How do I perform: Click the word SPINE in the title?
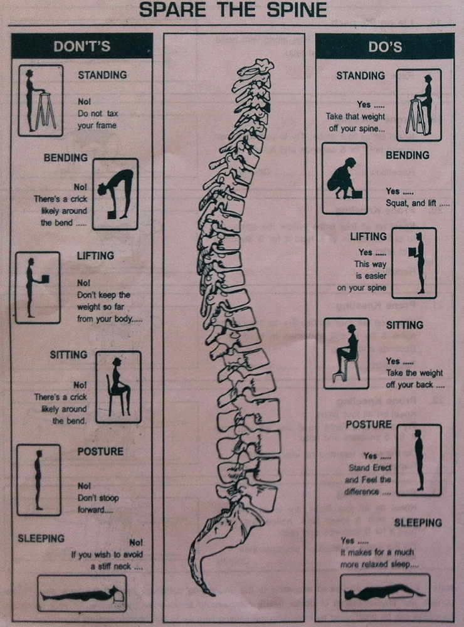click(x=292, y=11)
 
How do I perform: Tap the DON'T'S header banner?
click(x=82, y=46)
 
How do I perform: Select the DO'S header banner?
click(x=384, y=46)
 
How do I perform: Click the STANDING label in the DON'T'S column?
click(x=102, y=75)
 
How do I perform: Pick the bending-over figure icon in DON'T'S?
click(x=115, y=194)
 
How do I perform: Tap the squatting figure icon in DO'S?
click(x=344, y=178)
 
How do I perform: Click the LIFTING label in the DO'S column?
click(x=369, y=237)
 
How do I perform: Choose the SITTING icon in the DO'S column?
click(x=346, y=354)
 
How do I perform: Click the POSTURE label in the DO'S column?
click(x=369, y=424)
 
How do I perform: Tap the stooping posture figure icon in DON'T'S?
click(x=39, y=480)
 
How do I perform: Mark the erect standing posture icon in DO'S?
click(x=418, y=460)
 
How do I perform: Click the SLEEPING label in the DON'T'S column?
click(x=41, y=538)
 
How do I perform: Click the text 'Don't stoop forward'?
click(x=98, y=503)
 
